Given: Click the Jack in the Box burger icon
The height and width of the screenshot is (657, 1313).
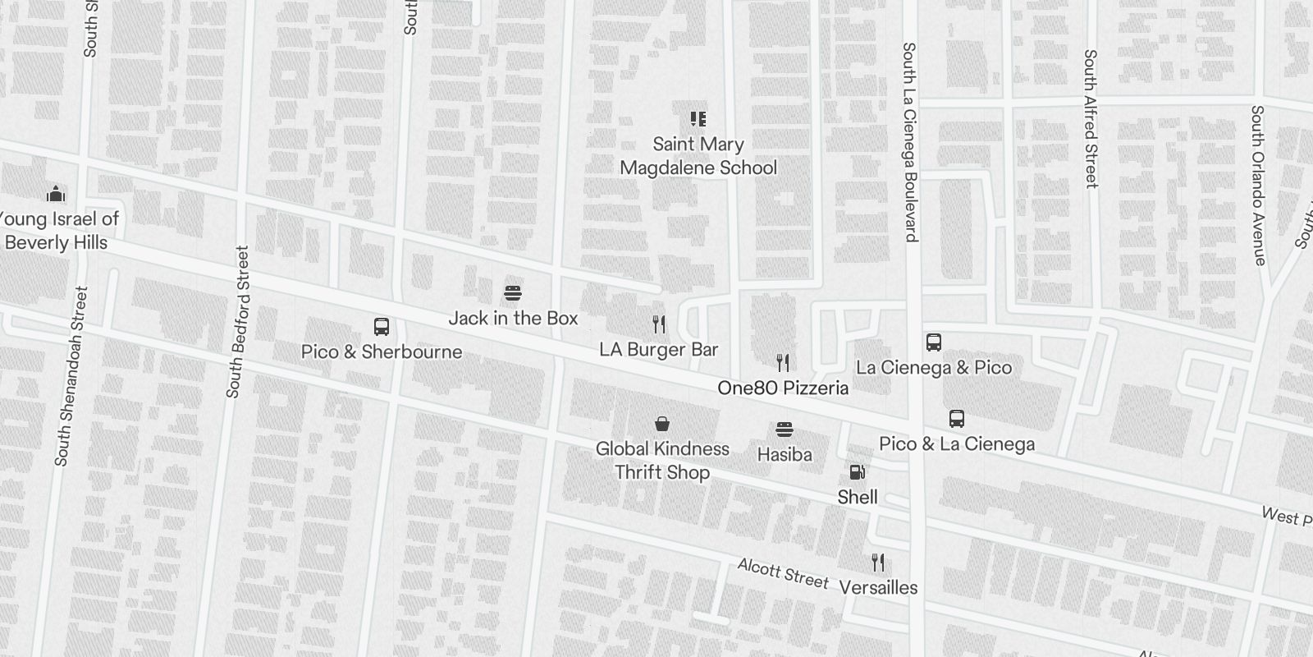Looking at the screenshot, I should coord(513,293).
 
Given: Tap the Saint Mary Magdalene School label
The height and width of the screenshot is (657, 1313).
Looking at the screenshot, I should coord(698,156).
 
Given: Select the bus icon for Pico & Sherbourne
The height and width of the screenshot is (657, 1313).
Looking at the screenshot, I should coord(382,327).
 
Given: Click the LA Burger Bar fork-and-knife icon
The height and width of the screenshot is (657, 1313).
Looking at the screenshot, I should coord(659,324).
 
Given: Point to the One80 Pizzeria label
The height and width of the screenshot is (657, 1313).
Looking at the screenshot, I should coord(783,388).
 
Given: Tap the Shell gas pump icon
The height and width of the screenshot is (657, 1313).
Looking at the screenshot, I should coord(857,472).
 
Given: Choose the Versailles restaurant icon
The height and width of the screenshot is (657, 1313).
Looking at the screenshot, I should coord(878,563).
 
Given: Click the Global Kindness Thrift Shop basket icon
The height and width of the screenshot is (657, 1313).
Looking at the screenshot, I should coord(662,424).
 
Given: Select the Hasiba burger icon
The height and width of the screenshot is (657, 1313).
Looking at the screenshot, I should coord(785,430).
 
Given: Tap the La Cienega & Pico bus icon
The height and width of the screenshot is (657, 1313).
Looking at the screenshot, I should coord(934,342).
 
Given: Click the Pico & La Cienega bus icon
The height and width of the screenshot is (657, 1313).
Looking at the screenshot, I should coord(957,419).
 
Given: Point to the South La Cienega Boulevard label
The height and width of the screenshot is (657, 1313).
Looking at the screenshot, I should coord(909,142).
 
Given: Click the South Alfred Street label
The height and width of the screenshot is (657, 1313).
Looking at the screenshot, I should coord(1091,118).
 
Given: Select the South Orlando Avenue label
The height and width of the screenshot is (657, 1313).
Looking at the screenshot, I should coord(1258,185).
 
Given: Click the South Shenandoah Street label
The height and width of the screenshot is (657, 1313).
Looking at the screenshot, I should coord(70,376).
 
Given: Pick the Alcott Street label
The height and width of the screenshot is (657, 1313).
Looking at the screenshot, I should coord(783,573).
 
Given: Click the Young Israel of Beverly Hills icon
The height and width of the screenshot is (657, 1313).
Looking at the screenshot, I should coord(56,194).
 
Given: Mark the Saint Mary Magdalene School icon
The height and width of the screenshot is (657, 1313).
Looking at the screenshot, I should coord(698,119).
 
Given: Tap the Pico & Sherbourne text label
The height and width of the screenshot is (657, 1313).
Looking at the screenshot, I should coord(382,351).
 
